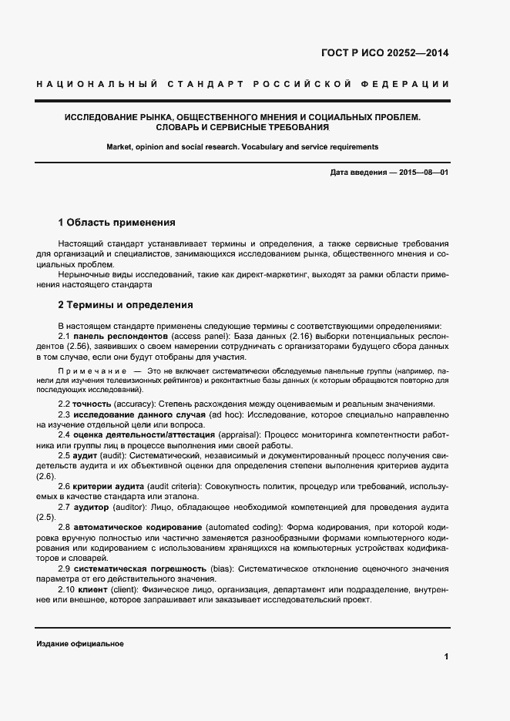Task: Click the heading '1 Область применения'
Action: [x=116, y=223]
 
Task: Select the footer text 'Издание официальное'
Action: [x=80, y=643]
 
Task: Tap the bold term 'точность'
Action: [x=92, y=404]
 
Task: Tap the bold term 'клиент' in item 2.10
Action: [x=93, y=589]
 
